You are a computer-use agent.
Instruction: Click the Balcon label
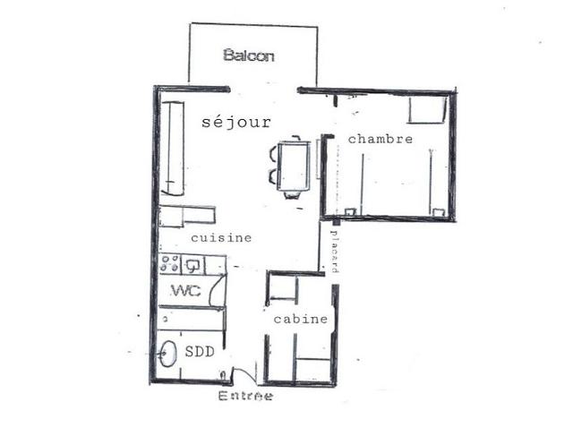coord(249,56)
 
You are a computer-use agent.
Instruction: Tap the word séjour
coord(236,122)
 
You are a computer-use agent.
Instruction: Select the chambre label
coord(381,139)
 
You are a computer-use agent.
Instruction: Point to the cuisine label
coord(221,238)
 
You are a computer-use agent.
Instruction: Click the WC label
coord(185,291)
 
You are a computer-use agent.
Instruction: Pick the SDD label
coord(200,352)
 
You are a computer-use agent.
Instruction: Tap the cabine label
coord(301,319)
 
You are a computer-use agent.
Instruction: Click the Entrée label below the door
coord(245,396)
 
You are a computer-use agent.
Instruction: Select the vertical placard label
coord(334,252)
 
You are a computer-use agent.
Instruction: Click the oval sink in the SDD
coord(167,354)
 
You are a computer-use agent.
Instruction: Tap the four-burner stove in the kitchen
coord(170,264)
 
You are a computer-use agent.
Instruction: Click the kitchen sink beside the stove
coord(192,265)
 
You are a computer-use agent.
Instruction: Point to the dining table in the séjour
coord(294,167)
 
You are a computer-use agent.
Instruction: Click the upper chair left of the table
coord(273,153)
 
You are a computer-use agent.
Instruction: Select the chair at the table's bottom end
coord(292,195)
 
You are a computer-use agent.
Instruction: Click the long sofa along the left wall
coord(172,148)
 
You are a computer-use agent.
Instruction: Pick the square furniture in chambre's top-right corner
coord(427,109)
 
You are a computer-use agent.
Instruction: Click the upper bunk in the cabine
coord(283,287)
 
